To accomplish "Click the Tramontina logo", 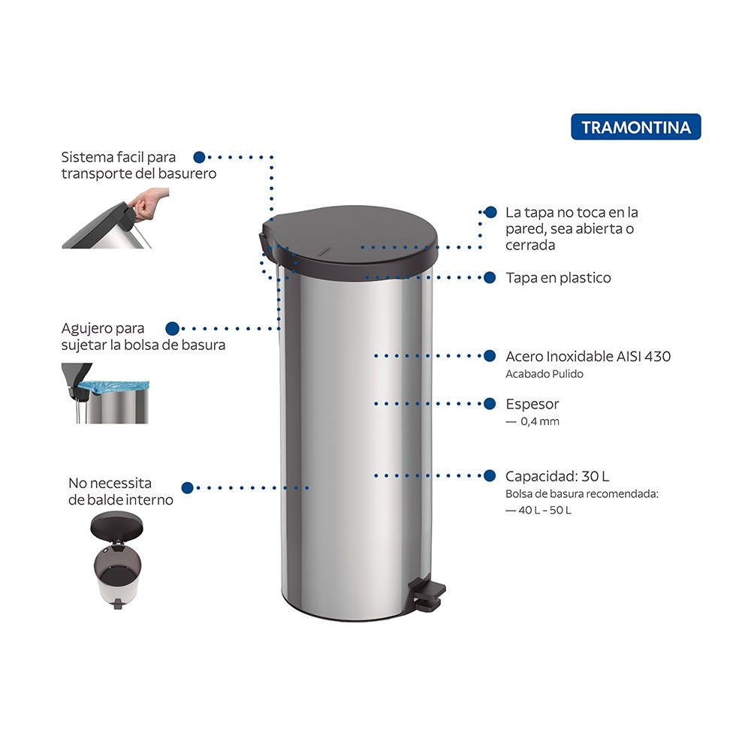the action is pos(635,127).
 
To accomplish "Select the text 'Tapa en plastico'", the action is pos(558,278).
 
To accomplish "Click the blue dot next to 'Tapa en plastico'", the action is pos(490,278).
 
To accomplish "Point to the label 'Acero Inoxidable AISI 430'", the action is pos(588,356).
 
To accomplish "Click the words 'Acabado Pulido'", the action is pos(544,374).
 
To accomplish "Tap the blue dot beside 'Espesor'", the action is pos(490,404).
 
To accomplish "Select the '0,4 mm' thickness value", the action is pos(540,421).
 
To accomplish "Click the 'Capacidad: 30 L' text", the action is pos(557,476).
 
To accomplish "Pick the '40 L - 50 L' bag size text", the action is pos(544,510).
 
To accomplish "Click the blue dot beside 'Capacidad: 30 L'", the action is pos(490,475).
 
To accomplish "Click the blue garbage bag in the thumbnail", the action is pos(114,387).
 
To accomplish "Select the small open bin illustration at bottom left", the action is pos(117,559).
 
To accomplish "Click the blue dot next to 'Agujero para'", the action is pos(173,329).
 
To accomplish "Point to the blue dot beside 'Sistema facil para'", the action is pos(199,157).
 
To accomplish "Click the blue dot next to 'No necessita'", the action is pos(188,488).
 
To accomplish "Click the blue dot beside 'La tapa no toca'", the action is pos(490,213).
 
